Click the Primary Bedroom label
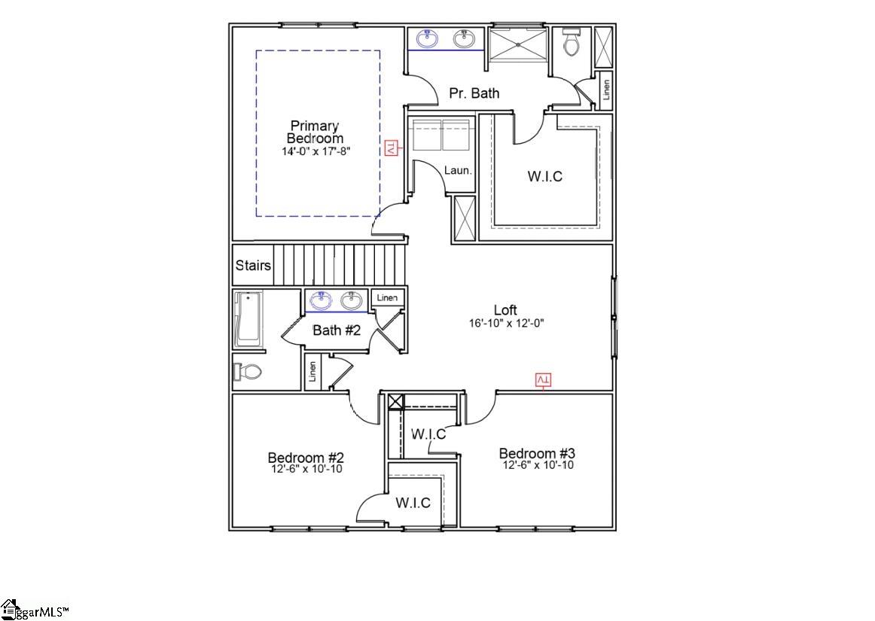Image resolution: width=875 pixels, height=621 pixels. (315, 132)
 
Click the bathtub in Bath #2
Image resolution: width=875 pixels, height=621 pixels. (247, 319)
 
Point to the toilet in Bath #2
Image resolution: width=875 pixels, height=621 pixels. (248, 371)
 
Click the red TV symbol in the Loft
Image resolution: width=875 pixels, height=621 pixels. (543, 379)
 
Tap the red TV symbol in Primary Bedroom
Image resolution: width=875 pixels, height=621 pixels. (391, 148)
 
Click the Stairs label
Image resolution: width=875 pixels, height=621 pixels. (253, 266)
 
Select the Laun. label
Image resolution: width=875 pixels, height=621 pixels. (458, 171)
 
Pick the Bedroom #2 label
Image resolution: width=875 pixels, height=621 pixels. (306, 458)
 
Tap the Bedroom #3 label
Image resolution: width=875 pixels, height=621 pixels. (537, 453)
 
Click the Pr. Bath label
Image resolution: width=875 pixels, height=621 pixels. (474, 93)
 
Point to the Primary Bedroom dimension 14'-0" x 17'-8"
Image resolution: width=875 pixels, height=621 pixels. (316, 151)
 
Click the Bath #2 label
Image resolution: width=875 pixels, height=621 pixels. (337, 330)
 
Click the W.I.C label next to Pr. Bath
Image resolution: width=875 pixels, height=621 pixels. (544, 177)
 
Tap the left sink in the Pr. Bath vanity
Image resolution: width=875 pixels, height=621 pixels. (428, 38)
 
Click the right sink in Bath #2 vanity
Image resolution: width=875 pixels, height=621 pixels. (351, 301)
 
